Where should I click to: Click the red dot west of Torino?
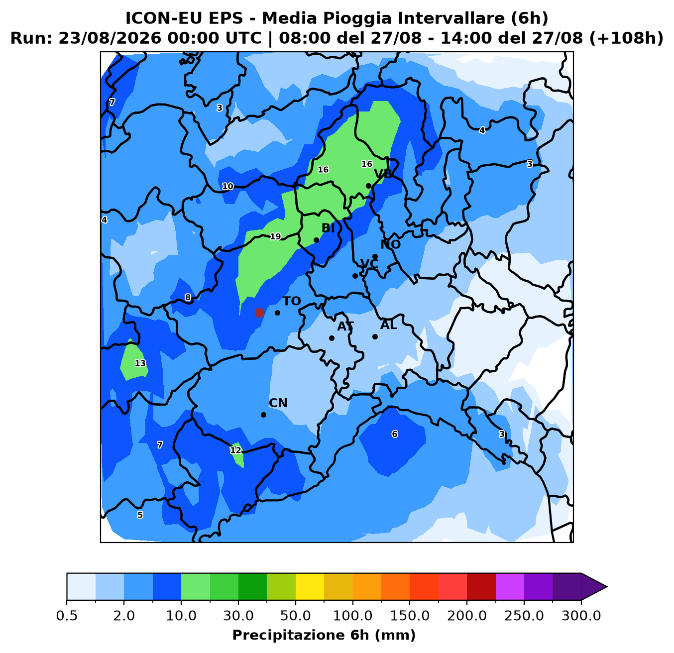click(259, 313)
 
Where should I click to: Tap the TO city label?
click(292, 301)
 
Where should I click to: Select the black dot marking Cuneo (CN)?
click(263, 415)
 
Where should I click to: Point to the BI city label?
click(328, 228)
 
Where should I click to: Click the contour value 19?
click(275, 237)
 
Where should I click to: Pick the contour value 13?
click(140, 363)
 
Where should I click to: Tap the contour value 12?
click(235, 450)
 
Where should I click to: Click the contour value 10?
click(227, 187)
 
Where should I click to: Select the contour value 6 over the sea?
click(395, 434)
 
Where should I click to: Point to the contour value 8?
click(188, 298)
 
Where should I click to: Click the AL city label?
click(388, 325)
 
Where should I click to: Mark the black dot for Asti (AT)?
click(332, 338)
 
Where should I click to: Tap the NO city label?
click(390, 244)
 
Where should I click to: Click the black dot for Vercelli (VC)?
click(355, 276)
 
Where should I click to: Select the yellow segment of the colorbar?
click(310, 587)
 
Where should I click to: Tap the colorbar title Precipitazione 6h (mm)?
click(324, 635)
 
